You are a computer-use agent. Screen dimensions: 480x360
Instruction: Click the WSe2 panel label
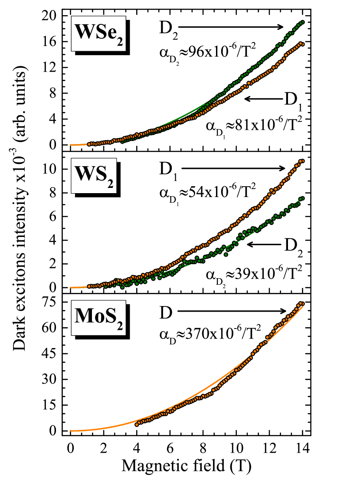98,33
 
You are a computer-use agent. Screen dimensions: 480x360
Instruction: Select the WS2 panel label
94,176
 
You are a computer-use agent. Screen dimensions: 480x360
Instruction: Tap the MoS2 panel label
98,317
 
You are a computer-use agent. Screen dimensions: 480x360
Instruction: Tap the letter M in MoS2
83,316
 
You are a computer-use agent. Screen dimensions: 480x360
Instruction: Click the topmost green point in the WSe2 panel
302,22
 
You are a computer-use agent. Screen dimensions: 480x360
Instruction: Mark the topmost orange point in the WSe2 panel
302,43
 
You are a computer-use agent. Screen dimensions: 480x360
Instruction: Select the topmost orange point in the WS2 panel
302,161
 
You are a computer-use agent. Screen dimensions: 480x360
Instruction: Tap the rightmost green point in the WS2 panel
302,198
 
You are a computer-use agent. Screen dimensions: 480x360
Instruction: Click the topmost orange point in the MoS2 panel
302,303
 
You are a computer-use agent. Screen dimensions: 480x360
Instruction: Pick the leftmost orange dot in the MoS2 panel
137,424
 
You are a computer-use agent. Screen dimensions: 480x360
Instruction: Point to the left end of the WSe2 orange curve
71,145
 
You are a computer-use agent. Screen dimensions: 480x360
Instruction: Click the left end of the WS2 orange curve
71,287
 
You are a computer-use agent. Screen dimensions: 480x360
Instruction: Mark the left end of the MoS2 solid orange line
71,431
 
